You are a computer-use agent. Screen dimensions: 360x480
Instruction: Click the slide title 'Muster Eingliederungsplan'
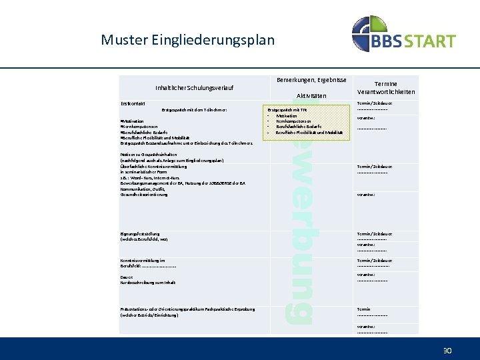187,39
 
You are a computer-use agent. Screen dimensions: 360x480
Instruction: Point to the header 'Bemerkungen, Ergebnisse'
311,80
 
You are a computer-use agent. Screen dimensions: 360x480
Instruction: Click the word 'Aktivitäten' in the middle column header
311,96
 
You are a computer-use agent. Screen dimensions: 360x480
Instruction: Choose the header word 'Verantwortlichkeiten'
386,92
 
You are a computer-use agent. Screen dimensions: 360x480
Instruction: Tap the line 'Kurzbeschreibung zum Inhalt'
148,283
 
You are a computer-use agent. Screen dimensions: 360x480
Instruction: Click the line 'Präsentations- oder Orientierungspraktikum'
187,309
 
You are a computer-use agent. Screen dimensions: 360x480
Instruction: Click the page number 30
448,350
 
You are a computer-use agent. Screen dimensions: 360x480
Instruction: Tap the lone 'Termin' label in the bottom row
363,309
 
